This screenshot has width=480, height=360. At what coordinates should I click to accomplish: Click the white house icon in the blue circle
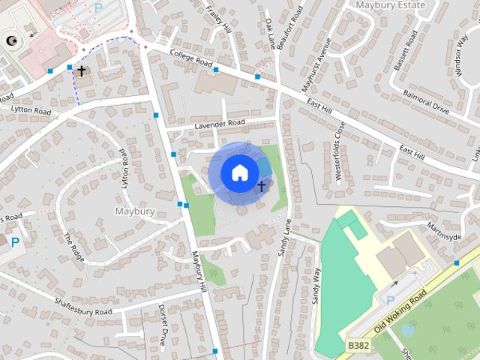[x=239, y=172]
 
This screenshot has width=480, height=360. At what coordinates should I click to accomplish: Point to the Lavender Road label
[x=220, y=123]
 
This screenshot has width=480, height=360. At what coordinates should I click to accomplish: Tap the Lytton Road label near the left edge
[x=31, y=110]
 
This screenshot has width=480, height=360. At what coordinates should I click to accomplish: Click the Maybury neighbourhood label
[x=135, y=211]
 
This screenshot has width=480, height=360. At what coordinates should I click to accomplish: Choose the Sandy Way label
[x=316, y=285]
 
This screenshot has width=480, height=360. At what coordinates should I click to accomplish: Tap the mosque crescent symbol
[x=10, y=40]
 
